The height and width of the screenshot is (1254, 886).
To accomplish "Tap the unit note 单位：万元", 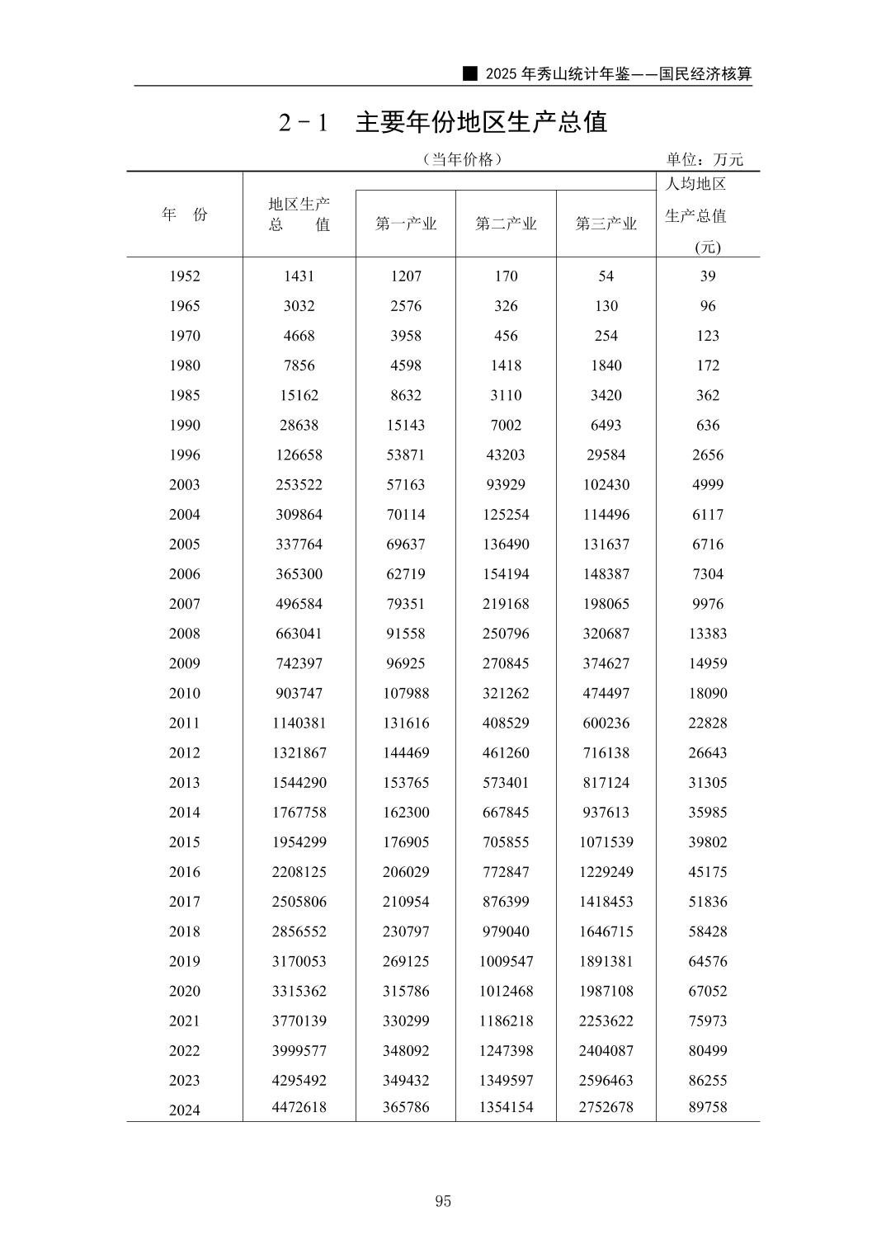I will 705,159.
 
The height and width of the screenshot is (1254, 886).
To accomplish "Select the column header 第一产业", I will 406,224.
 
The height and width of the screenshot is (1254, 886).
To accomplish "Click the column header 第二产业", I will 506,224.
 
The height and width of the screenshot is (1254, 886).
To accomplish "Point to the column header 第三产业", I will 606,224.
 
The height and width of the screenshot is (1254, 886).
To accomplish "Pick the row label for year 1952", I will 185,276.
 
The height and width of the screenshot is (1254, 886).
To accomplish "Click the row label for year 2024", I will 185,1110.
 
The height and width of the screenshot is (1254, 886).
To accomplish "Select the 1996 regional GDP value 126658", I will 299,455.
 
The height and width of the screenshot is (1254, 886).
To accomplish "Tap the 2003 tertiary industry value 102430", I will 606,484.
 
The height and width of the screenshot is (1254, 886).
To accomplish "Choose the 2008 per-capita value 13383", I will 708,634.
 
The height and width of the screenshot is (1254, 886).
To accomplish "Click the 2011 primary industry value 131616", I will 406,723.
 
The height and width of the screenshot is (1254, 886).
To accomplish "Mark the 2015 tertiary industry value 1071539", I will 606,841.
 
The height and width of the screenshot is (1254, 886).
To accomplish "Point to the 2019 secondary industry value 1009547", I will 506,961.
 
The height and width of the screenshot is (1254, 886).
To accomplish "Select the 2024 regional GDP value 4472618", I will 299,1107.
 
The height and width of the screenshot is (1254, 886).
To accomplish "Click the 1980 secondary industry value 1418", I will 506,365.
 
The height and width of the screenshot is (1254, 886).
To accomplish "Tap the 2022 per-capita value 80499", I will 708,1050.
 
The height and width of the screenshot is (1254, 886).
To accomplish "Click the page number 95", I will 443,1200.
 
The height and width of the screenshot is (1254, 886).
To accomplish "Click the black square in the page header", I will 470,73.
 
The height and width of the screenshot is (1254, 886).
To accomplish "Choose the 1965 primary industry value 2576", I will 406,306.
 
